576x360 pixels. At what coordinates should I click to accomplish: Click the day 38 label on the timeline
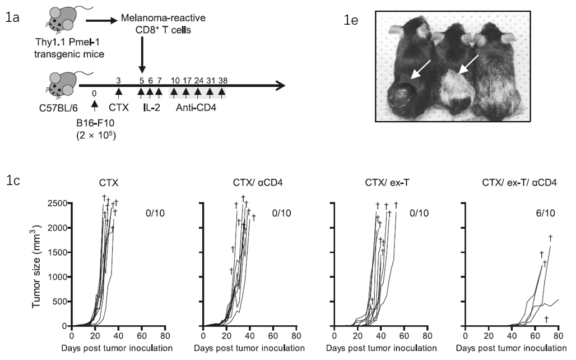click(x=222, y=80)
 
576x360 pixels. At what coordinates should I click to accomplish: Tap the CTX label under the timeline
click(x=119, y=105)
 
